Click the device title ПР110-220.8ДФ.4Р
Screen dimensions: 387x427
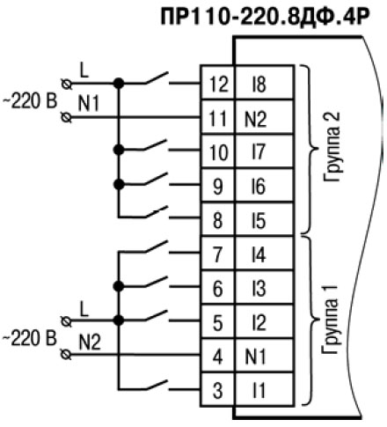tap(264, 17)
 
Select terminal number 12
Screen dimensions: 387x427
tap(219, 85)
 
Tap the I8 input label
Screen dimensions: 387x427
tap(259, 85)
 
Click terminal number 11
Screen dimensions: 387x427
tap(218, 119)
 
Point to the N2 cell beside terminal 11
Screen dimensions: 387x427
tap(256, 119)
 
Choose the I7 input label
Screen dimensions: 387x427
tap(259, 152)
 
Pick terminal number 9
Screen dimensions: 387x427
tap(217, 187)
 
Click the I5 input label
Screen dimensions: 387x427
tap(259, 221)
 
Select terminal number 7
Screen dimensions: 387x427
tap(217, 254)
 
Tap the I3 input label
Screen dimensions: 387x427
tap(259, 289)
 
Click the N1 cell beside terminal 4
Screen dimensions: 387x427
tap(255, 357)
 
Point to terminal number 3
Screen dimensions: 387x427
tap(217, 391)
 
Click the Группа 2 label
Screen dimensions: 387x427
tap(332, 147)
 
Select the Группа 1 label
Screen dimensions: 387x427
tap(330, 320)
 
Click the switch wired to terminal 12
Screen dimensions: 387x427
tap(157, 78)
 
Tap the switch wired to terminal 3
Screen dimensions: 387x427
tap(157, 385)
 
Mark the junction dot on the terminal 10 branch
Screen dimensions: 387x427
tap(119, 150)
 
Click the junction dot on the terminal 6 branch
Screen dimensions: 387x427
tap(119, 286)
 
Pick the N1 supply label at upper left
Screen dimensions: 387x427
tap(89, 103)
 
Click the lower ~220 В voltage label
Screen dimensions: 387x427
tap(30, 338)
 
